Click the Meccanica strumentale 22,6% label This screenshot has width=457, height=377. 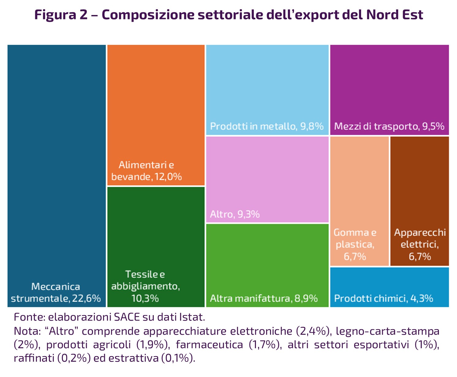56,292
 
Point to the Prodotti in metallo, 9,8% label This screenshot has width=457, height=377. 267,126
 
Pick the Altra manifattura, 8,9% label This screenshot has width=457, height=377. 264,298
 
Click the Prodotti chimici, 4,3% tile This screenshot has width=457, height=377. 389,287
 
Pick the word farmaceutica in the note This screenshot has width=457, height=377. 209,345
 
